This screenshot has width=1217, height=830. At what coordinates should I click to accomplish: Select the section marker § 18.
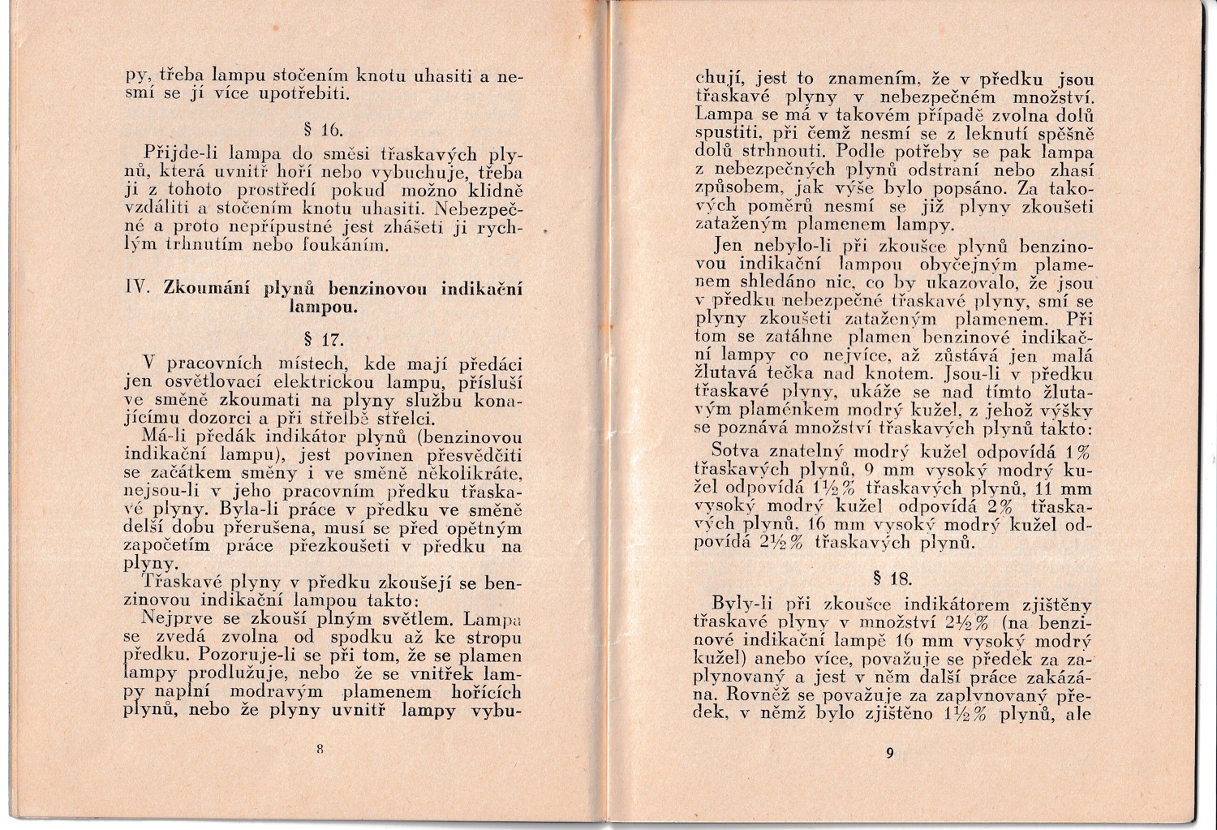(x=890, y=578)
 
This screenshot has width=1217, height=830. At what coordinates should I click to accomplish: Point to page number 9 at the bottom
(x=890, y=753)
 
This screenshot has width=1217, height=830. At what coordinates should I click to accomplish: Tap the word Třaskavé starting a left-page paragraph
(x=177, y=583)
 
